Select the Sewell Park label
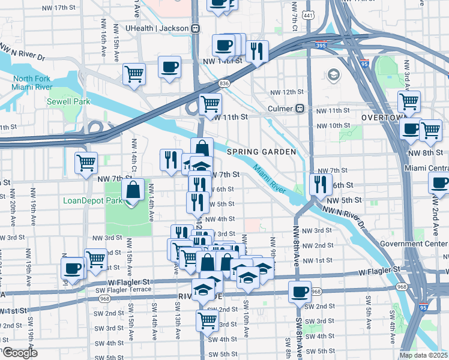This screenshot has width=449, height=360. click(68, 101)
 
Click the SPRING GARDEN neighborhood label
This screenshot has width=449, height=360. click(262, 152)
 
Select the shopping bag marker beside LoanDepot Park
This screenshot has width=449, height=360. click(132, 191)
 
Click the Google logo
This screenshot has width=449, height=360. click(19, 353)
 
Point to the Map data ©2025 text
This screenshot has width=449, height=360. click(423, 355)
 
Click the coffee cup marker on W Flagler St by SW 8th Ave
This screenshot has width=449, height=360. click(300, 292)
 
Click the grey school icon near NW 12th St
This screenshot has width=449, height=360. click(333, 74)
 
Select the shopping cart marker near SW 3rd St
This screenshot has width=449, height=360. click(207, 320)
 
